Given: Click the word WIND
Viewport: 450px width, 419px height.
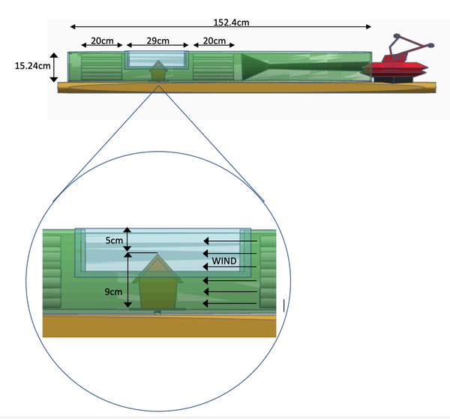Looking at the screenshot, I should point(223,261).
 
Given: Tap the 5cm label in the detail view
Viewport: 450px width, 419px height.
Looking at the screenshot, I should point(114,241).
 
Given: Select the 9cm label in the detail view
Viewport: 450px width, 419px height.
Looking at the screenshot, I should point(114,291).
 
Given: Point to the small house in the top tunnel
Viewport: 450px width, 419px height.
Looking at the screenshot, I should point(158,73).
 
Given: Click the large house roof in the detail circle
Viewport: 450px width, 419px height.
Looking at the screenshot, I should point(158,268).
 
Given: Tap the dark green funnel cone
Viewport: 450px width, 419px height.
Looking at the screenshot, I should point(262,66).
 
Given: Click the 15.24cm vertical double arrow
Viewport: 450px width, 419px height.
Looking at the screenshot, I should point(54,66).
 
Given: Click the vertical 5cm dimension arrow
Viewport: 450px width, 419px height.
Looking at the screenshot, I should point(128,239).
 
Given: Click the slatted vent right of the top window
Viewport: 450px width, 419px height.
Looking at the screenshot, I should point(214,66).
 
